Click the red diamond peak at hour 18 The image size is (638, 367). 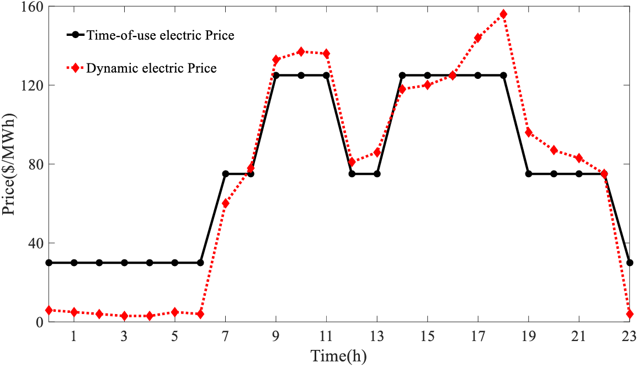coord(503,14)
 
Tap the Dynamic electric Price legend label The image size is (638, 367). coord(151,68)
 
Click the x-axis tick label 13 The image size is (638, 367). coord(377,336)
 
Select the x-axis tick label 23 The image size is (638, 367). coord(630,336)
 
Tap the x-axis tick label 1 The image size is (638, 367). coord(74,336)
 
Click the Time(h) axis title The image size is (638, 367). coord(338,355)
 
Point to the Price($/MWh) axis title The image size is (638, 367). coord(10,164)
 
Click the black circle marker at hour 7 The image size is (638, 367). coord(226,174)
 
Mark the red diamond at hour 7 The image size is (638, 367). coord(226,204)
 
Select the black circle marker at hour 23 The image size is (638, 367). coord(630,263)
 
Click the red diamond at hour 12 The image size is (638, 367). coord(352,162)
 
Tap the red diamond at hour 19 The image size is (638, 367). coord(529,132)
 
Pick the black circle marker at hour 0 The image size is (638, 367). coord(49,263)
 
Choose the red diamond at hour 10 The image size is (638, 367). coord(301,51)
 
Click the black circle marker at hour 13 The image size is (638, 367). coord(377,174)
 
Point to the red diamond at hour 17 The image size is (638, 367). coord(478,38)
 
